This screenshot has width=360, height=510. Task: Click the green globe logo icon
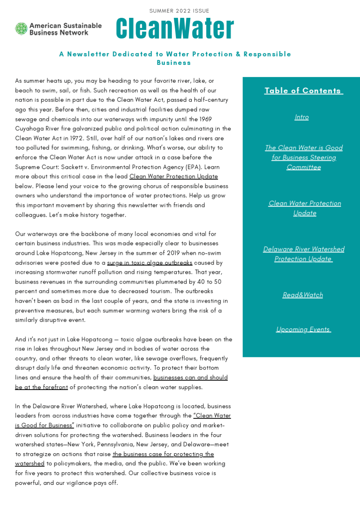(x=21, y=29)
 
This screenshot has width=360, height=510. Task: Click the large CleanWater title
(x=175, y=29)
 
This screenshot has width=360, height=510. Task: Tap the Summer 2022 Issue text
(x=179, y=11)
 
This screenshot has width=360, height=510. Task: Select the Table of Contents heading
(x=303, y=90)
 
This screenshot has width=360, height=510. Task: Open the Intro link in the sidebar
(x=302, y=117)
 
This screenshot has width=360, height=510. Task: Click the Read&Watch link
(x=303, y=295)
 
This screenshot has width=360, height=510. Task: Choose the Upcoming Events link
(x=303, y=329)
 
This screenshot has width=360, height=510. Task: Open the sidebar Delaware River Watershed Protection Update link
(x=304, y=254)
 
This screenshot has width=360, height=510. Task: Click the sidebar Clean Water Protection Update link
(x=304, y=208)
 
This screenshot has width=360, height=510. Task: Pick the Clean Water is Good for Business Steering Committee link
(x=304, y=157)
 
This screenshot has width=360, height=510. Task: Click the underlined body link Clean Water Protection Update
(x=174, y=176)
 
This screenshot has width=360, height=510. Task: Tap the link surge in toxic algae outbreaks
(x=150, y=263)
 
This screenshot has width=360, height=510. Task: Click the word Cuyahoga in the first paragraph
(x=29, y=129)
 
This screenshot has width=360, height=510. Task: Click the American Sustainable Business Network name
(x=65, y=29)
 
